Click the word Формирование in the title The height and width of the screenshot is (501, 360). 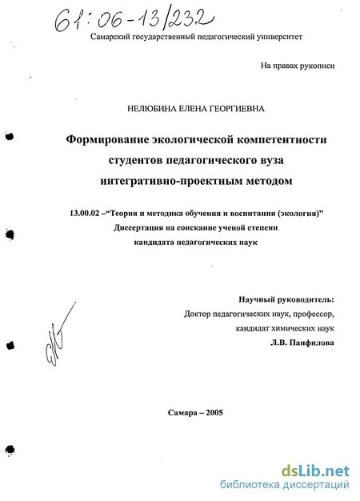click(109, 139)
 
